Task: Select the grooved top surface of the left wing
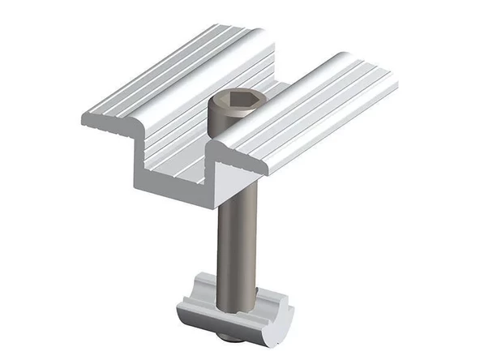[x=162, y=81]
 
